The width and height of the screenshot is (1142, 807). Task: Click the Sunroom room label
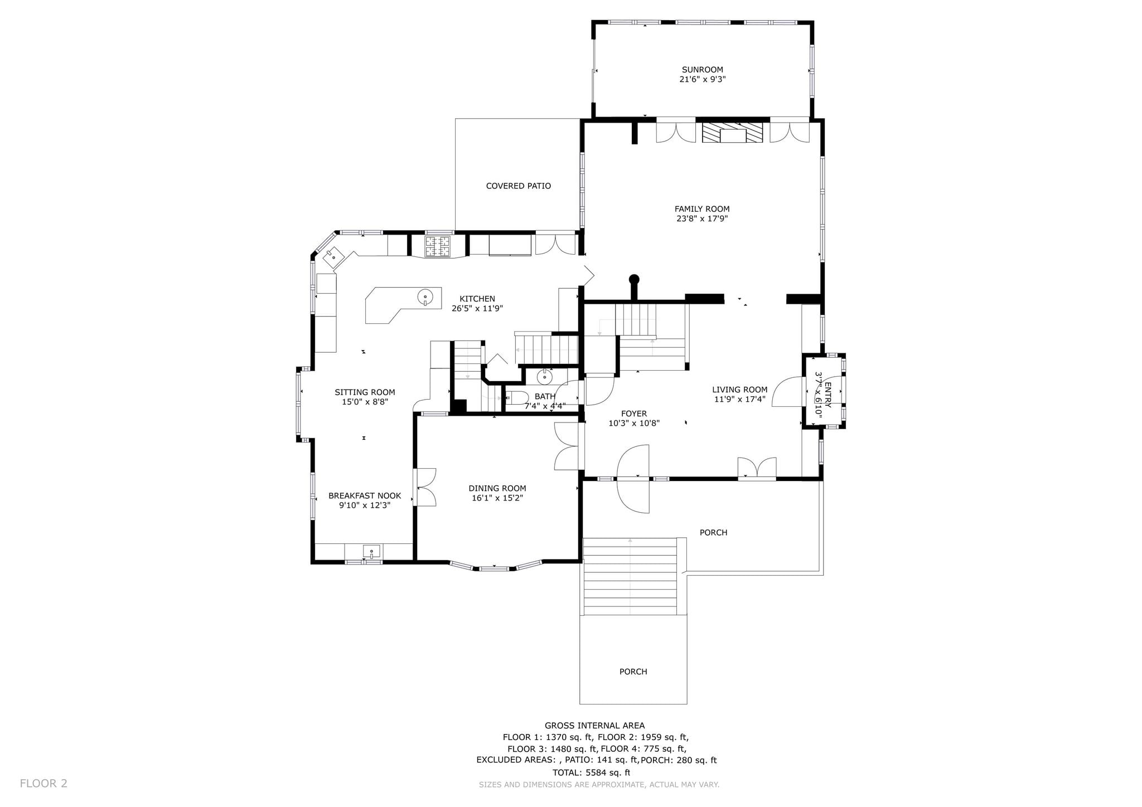[702, 70]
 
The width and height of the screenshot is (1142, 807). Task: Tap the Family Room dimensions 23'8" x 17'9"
[702, 218]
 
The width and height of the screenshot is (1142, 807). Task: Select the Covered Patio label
[518, 186]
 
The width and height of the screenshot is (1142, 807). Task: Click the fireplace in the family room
[732, 133]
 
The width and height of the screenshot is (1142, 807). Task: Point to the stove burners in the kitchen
[438, 246]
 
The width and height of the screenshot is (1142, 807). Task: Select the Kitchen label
[477, 299]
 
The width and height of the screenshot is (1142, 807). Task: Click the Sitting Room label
[365, 392]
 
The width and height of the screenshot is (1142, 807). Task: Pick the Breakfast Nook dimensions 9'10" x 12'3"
[365, 505]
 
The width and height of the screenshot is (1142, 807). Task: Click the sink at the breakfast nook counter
[371, 552]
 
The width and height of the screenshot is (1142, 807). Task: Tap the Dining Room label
[497, 489]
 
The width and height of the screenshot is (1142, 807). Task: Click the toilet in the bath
[516, 398]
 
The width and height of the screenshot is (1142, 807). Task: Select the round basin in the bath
[544, 377]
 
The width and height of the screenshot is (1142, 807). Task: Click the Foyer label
[634, 414]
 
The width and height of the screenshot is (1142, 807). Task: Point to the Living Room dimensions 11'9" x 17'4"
[739, 399]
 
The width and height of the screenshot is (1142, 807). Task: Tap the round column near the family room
[634, 279]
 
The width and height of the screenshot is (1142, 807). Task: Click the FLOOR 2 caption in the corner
[43, 784]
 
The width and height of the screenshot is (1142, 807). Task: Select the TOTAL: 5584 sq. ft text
[591, 772]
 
